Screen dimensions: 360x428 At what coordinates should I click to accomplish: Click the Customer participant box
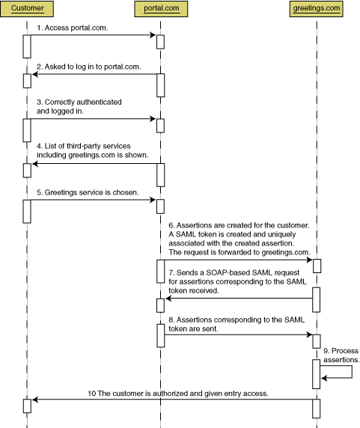[27, 9]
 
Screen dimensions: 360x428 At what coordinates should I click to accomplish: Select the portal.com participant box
[161, 9]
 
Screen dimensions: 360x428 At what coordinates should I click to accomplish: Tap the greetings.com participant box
[317, 9]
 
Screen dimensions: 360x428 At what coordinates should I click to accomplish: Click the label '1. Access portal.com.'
[73, 28]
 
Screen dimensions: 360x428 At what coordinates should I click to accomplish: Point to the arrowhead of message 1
[153, 35]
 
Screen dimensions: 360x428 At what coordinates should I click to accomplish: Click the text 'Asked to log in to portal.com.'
[93, 67]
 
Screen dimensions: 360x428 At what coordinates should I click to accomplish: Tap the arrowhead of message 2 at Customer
[35, 74]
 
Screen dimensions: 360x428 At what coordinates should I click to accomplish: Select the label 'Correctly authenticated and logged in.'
[79, 106]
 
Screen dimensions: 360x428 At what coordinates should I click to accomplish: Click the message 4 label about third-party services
[93, 150]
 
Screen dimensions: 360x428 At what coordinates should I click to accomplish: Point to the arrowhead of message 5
[153, 200]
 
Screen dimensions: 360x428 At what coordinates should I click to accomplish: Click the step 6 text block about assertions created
[240, 239]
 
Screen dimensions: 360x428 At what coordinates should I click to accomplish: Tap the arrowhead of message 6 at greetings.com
[310, 260]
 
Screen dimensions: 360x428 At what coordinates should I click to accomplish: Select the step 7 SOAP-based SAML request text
[237, 281]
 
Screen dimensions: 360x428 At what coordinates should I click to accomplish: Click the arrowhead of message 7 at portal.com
[168, 299]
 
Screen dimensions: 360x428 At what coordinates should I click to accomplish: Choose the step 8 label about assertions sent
[237, 324]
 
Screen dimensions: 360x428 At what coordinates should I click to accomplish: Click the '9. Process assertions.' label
[341, 355]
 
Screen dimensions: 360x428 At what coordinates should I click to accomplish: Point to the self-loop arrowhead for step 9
[324, 378]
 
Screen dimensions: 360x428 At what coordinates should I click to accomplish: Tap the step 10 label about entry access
[178, 394]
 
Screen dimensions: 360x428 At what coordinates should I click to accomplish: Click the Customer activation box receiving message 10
[27, 406]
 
